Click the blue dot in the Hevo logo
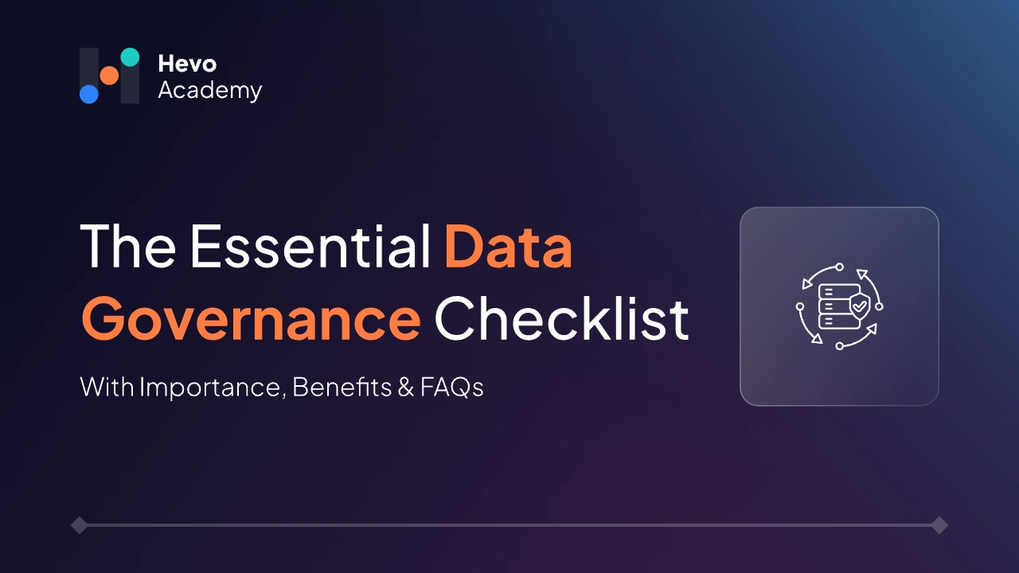(x=89, y=94)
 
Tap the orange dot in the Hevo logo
(x=109, y=76)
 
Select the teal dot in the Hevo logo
(x=130, y=57)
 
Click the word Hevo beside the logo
(x=187, y=64)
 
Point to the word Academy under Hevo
(x=209, y=90)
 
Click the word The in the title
(x=127, y=247)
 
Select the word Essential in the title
(x=310, y=247)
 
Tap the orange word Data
(x=508, y=247)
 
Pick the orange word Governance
(x=251, y=319)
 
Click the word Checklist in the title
(x=561, y=319)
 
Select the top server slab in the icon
(x=834, y=291)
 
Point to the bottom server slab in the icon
(x=833, y=321)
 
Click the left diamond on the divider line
(x=79, y=525)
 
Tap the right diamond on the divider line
(x=939, y=525)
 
